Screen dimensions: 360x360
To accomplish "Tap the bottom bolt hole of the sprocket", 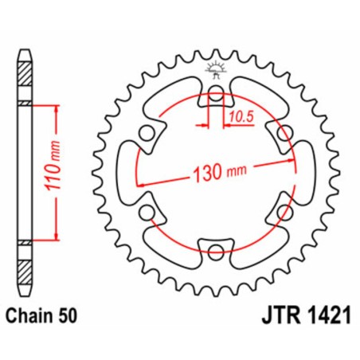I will tap(215, 253).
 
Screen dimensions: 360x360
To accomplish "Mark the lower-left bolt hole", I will tap(147, 213).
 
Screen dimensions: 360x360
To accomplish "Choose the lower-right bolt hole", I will tap(284, 213).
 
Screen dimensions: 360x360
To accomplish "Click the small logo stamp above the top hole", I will tap(215, 70).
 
